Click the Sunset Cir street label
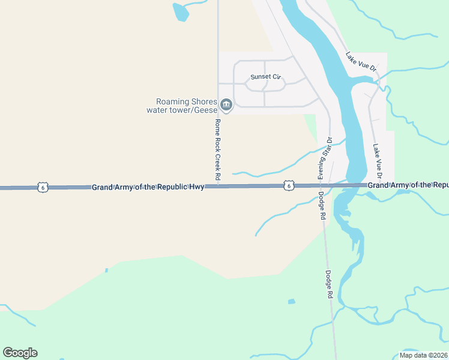(x=266, y=77)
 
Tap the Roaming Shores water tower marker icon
(x=226, y=106)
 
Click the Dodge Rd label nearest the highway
(x=322, y=206)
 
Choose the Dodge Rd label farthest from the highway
(x=329, y=284)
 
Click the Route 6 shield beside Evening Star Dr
(x=289, y=187)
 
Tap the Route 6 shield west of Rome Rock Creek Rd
(x=41, y=187)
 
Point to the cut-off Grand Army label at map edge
(x=408, y=185)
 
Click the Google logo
(x=20, y=353)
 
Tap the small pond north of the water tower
(x=179, y=11)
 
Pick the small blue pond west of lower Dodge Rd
(x=291, y=301)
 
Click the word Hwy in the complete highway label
(x=197, y=187)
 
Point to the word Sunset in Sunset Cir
(x=261, y=77)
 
